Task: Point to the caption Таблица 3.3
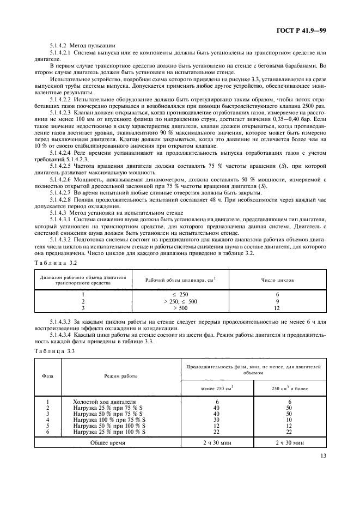point(55,352)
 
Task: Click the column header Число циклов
point(277,280)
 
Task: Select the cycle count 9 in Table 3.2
point(277,301)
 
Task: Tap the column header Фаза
point(47,375)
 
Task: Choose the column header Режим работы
point(121,375)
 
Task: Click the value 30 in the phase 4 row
point(217,420)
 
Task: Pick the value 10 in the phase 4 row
point(290,420)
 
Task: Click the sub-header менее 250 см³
point(217,387)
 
